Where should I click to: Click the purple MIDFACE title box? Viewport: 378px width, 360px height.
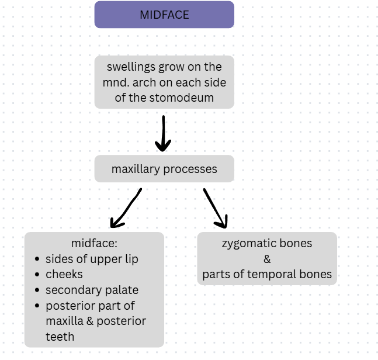(x=164, y=15)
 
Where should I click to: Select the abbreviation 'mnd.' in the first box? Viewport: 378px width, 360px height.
(x=117, y=82)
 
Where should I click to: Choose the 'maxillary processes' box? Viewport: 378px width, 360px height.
(x=164, y=169)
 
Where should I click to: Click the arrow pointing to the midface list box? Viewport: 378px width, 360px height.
(x=126, y=208)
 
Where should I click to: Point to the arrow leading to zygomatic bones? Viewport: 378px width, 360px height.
(x=215, y=208)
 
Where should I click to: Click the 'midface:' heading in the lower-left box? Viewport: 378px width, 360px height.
(x=94, y=243)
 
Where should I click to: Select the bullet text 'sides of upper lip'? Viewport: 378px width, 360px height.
(x=92, y=259)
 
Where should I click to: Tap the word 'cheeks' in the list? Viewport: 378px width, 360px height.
(x=64, y=274)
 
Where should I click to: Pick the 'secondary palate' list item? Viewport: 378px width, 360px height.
(x=92, y=290)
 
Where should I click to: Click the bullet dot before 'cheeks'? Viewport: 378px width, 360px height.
(x=38, y=275)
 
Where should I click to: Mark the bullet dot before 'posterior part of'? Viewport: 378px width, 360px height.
(x=38, y=306)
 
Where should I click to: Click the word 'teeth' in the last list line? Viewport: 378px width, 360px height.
(x=60, y=337)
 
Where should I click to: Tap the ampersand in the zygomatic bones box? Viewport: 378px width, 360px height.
(x=267, y=259)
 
